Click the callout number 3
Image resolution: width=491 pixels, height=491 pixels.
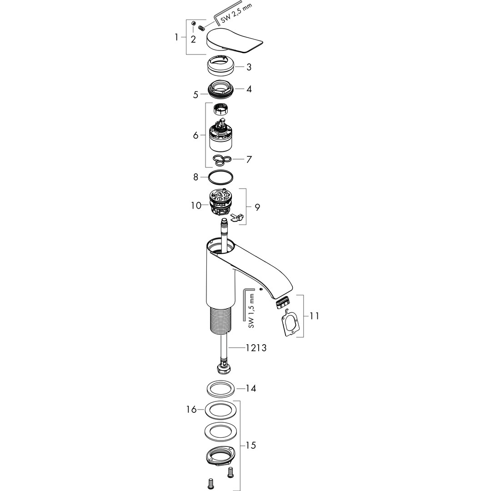[x=249, y=67]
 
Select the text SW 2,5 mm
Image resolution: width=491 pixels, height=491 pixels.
[x=236, y=14]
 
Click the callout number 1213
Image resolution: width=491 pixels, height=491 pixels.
[x=256, y=348]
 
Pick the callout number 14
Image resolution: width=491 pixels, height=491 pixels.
[x=251, y=389]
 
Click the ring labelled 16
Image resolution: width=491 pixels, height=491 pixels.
[x=220, y=409]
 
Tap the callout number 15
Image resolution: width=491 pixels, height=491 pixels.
[x=251, y=445]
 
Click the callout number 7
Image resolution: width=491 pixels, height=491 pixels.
[x=249, y=160]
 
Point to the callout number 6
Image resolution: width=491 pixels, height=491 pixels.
[x=195, y=135]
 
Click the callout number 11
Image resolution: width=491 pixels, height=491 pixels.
[x=315, y=316]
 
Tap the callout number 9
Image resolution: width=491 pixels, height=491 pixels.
[x=257, y=207]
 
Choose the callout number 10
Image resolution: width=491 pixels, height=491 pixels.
[x=196, y=206]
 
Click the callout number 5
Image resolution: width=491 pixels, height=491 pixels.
[x=195, y=95]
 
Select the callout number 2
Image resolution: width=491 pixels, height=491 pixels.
[x=193, y=40]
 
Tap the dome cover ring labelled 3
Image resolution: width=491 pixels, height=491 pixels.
[x=221, y=65]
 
